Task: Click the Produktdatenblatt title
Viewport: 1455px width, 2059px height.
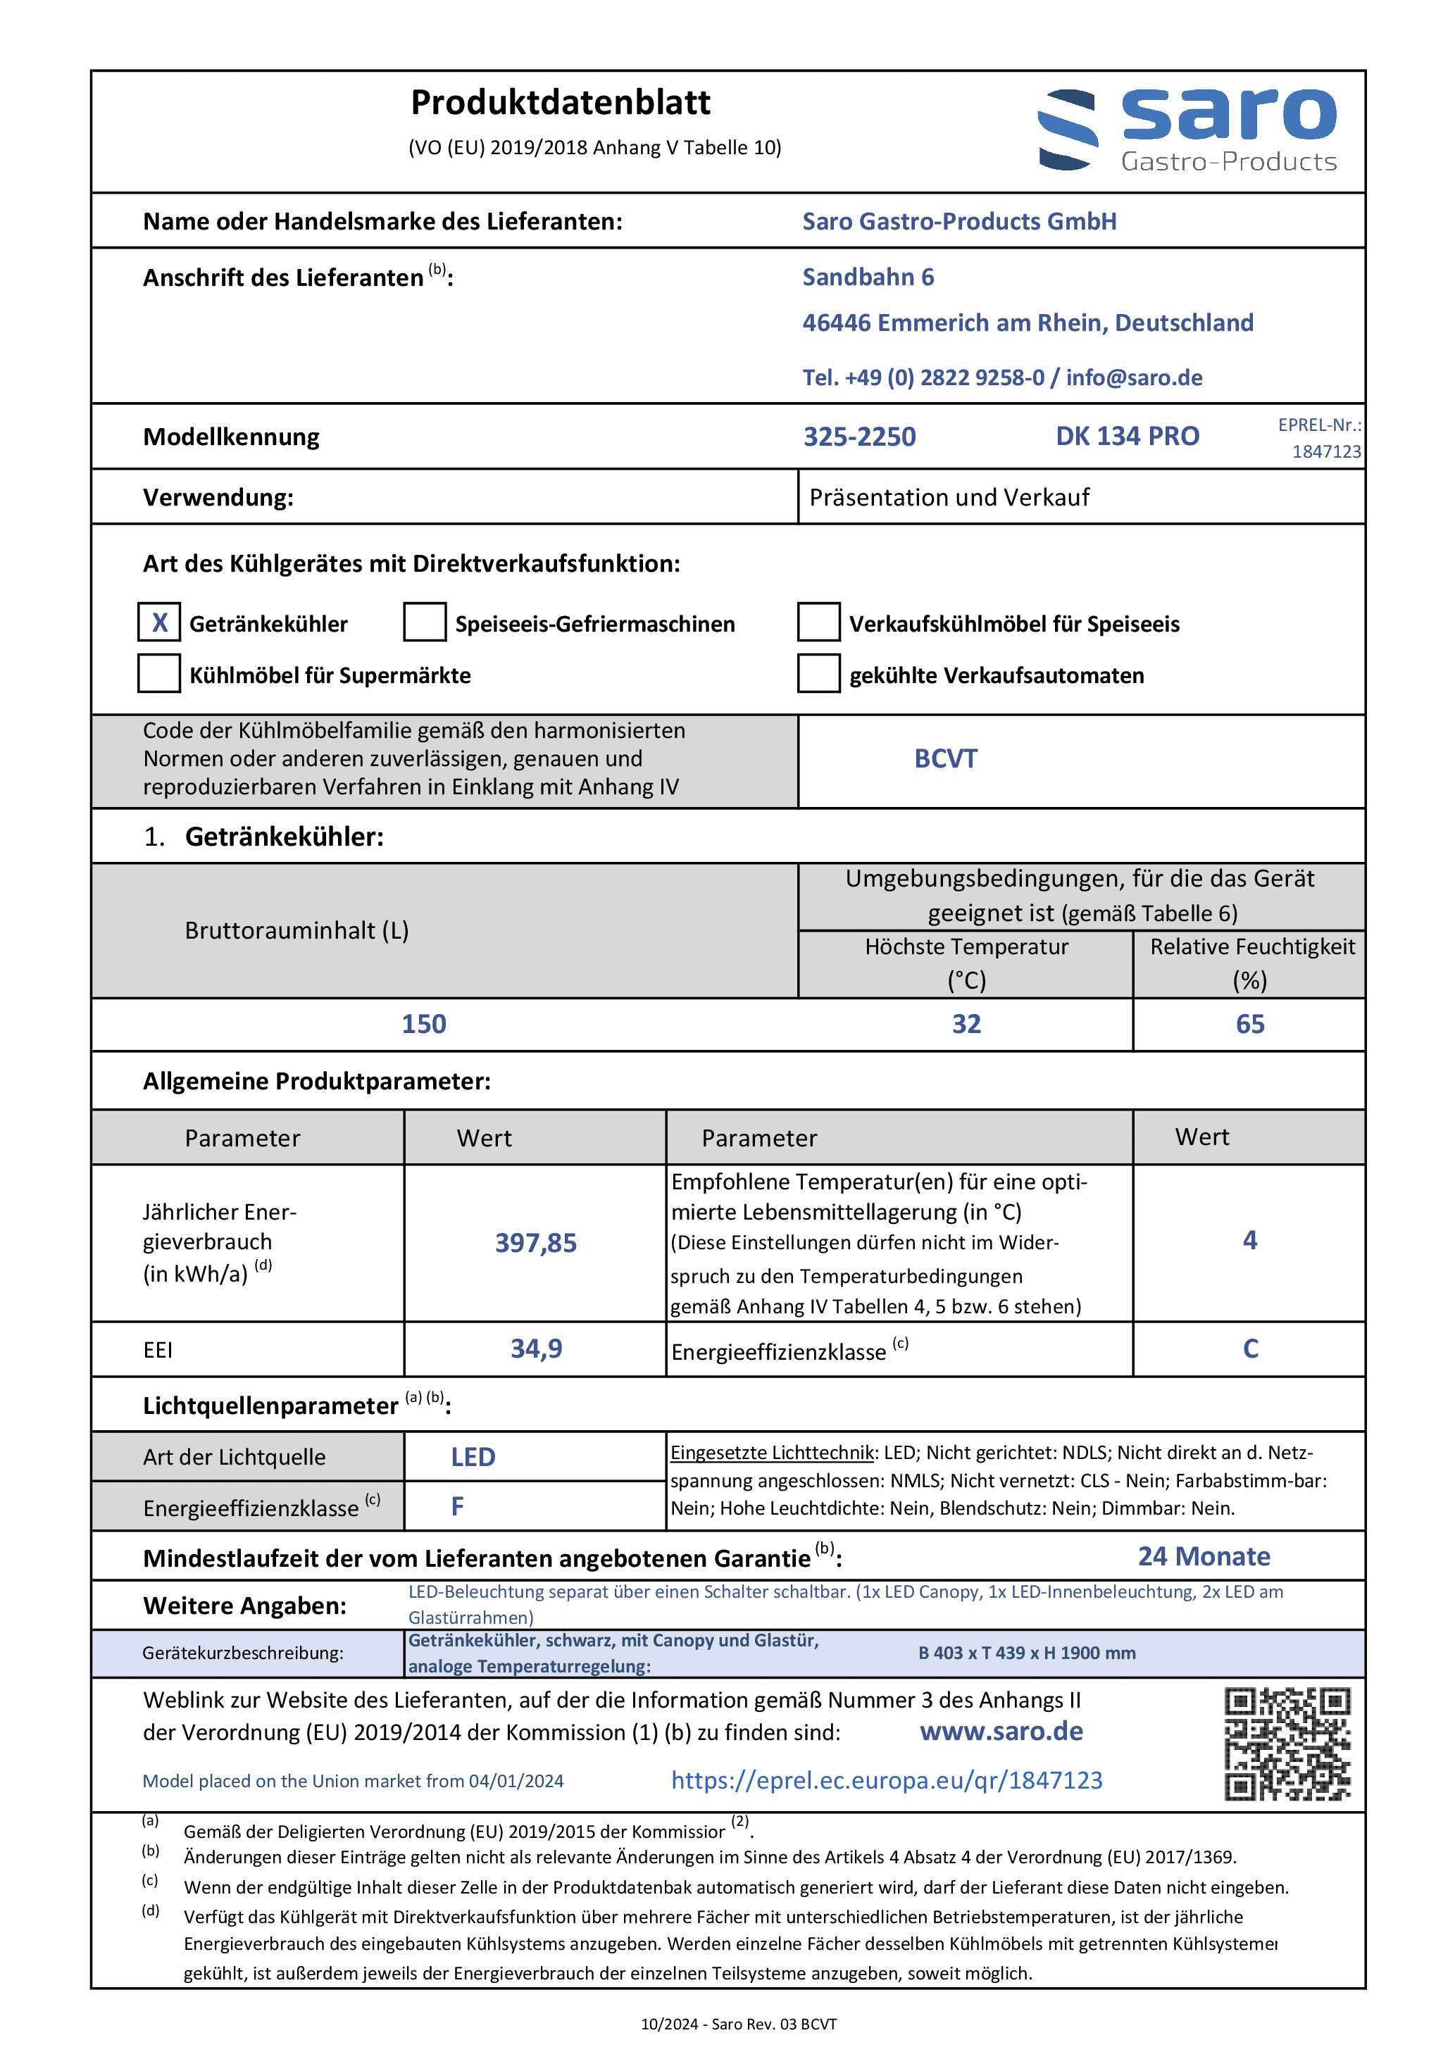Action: pyautogui.click(x=560, y=103)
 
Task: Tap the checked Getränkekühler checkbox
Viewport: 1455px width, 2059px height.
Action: pyautogui.click(x=158, y=622)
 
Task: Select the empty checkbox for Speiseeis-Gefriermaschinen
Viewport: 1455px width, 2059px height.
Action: pyautogui.click(x=424, y=622)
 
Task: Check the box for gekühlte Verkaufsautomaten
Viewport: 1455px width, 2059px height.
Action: pyautogui.click(x=818, y=673)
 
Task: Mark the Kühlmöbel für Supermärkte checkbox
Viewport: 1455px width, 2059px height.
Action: pyautogui.click(x=158, y=673)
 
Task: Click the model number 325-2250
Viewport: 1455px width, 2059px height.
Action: pyautogui.click(x=858, y=437)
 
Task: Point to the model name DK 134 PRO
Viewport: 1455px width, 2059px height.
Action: pyautogui.click(x=1127, y=436)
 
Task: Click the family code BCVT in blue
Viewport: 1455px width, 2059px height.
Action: pyautogui.click(x=946, y=758)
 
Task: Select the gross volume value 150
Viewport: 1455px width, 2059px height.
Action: pyautogui.click(x=423, y=1024)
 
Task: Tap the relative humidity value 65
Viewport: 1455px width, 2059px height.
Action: pyautogui.click(x=1249, y=1024)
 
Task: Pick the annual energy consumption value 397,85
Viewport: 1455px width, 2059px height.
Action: pyautogui.click(x=535, y=1243)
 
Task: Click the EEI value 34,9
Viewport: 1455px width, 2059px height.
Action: pyautogui.click(x=535, y=1348)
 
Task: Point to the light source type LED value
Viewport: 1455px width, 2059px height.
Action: pyautogui.click(x=473, y=1457)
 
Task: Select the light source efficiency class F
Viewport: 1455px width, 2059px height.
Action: pyautogui.click(x=458, y=1507)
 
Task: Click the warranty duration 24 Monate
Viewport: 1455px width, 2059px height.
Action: pyautogui.click(x=1204, y=1557)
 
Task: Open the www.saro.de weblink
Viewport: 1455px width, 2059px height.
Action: pyautogui.click(x=1001, y=1731)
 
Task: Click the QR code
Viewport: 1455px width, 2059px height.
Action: pyautogui.click(x=1287, y=1744)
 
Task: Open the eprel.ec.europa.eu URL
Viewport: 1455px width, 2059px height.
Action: pyautogui.click(x=886, y=1780)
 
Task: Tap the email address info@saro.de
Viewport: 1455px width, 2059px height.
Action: pyautogui.click(x=1134, y=377)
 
